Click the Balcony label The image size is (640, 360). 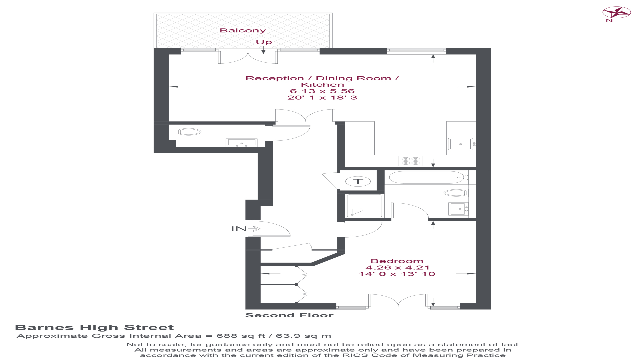coord(243,30)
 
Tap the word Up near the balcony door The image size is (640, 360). coord(264,42)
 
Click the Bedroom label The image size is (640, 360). coord(397,261)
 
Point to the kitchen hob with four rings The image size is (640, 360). coord(410,161)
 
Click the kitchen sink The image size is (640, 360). coord(461,144)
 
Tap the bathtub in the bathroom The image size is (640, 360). coord(427,177)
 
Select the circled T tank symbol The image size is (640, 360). coord(358,181)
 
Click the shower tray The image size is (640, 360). coord(365,206)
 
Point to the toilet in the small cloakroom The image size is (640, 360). coord(188,132)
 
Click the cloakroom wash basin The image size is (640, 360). coord(242,143)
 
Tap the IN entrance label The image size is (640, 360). coord(239,229)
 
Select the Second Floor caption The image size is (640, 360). coord(289,315)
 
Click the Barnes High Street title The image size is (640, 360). coord(94,328)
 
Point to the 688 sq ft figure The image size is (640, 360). coord(236,336)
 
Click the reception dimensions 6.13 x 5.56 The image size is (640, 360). coord(322,91)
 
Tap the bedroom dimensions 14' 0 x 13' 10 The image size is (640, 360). coord(397,274)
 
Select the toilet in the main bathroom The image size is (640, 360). coord(456,193)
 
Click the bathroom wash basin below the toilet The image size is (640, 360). coord(458,209)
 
